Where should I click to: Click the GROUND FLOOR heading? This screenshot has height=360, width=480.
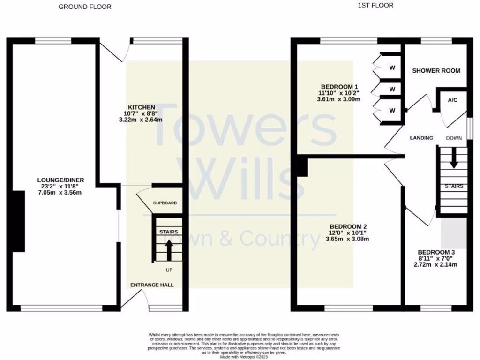point(85,7)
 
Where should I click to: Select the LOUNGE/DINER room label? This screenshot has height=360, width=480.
point(61,180)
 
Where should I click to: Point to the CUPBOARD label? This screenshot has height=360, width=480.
point(165,203)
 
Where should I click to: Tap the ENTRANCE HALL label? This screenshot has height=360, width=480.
point(152,285)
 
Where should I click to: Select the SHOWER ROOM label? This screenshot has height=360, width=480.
point(436,71)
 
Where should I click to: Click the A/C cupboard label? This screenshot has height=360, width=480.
point(452,100)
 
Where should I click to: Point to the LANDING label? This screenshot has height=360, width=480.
point(421,138)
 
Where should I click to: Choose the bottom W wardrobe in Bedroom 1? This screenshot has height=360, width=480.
point(392,111)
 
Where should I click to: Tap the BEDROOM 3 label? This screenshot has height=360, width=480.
point(435,251)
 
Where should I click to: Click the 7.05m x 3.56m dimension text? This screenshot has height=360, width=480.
point(62,193)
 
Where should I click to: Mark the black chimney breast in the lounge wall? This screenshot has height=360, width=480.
point(18,221)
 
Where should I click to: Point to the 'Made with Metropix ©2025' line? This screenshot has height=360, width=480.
point(244,357)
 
